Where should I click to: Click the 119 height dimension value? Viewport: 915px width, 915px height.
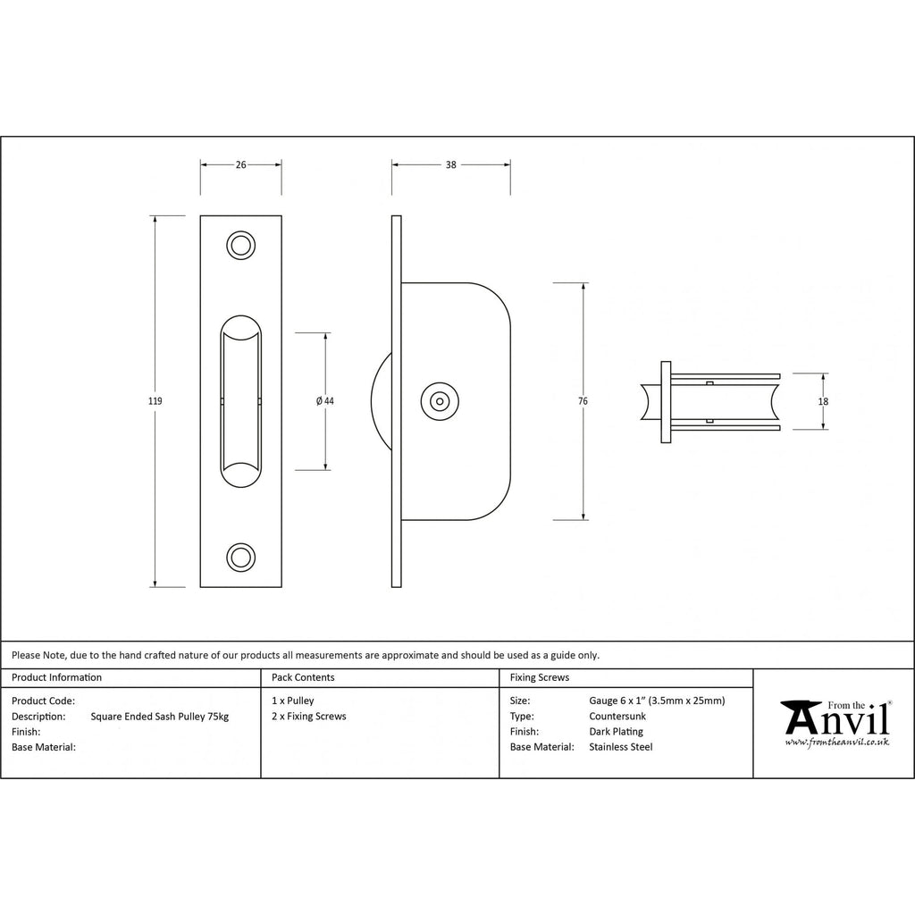[x=155, y=401]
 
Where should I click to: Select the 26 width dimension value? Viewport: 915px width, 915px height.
[x=241, y=165]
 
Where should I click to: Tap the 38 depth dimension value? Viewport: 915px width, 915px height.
[x=451, y=165]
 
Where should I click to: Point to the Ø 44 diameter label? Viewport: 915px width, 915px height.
[x=325, y=401]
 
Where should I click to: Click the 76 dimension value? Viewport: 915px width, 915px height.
[x=583, y=401]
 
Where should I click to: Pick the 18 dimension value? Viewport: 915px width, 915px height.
[x=823, y=401]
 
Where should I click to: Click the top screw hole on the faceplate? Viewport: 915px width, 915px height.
[x=240, y=246]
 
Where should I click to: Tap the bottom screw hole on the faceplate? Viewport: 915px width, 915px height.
[x=240, y=558]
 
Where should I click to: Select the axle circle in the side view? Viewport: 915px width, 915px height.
[x=440, y=401]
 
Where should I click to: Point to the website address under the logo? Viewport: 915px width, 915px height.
[x=836, y=742]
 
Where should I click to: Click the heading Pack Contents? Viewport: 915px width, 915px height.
[x=303, y=677]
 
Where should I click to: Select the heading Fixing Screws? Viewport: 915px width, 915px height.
[x=540, y=677]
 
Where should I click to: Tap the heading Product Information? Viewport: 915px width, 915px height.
[x=56, y=677]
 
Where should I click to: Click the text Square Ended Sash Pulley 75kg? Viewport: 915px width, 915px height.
[x=160, y=717]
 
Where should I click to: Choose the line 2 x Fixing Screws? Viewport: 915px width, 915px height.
[x=308, y=717]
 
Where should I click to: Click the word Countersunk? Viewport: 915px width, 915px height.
[x=617, y=716]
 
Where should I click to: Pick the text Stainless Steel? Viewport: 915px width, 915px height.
[x=621, y=747]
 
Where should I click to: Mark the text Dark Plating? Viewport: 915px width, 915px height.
[x=617, y=732]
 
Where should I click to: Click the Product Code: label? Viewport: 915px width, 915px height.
[x=43, y=701]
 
